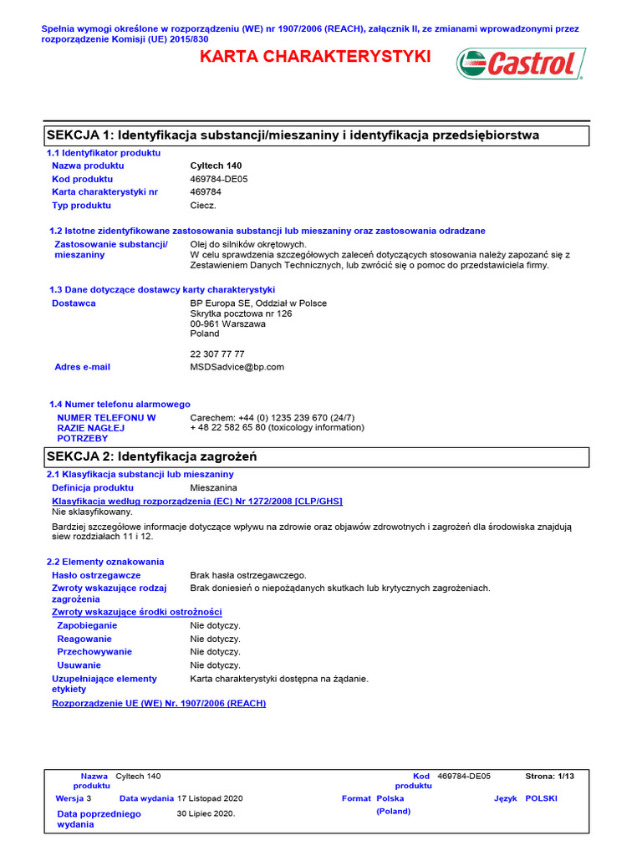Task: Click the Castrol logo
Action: click(521, 64)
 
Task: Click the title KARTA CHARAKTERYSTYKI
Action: click(314, 57)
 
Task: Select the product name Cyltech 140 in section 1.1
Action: click(216, 166)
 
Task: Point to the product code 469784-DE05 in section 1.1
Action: click(219, 179)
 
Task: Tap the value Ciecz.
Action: click(203, 205)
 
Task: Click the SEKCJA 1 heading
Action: click(293, 135)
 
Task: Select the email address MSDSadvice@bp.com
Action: click(237, 367)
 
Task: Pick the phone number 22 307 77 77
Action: click(217, 354)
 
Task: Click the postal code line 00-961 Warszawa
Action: click(227, 324)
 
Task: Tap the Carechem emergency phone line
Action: click(273, 417)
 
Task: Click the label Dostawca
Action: click(74, 303)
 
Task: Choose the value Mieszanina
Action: click(213, 487)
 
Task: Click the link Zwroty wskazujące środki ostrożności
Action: click(136, 612)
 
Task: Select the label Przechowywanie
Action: click(94, 651)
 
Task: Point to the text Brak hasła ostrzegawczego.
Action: click(248, 575)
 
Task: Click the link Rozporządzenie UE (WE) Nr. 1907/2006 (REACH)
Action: click(159, 703)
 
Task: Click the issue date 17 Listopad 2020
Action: click(210, 798)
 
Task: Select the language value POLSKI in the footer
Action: click(541, 798)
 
